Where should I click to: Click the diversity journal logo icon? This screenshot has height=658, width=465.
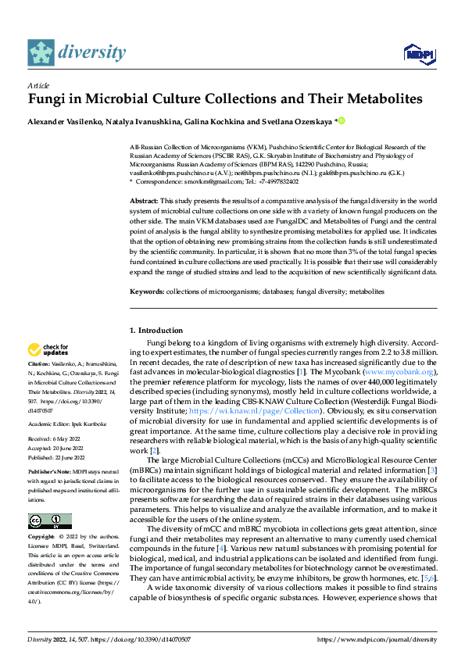41,52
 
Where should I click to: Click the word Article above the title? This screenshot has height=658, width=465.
38,85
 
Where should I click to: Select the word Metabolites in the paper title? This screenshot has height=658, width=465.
381,99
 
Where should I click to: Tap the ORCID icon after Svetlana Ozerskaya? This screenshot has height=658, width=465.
341,121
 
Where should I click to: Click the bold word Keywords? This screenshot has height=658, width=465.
148,291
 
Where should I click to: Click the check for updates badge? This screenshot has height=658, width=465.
49,349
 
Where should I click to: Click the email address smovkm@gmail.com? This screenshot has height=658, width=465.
208,181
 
